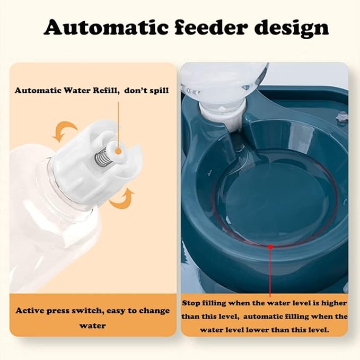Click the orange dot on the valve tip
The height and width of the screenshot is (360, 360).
(118, 151)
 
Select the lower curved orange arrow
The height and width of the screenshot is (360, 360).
(122, 198)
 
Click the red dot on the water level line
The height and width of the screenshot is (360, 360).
(270, 247)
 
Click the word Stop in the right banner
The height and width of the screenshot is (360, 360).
(191, 303)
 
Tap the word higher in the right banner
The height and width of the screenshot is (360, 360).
(334, 303)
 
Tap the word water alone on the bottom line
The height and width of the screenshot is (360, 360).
(93, 326)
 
